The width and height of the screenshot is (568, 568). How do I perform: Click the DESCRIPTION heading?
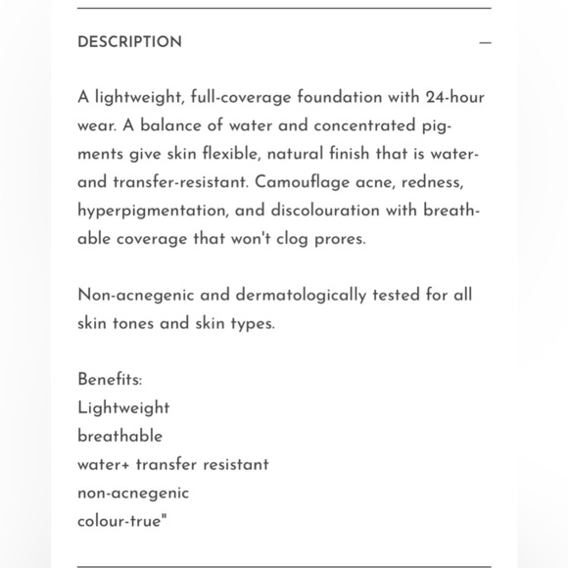[x=129, y=42]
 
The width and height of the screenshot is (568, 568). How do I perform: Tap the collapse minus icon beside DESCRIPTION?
[x=485, y=43]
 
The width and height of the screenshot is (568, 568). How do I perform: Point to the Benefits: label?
[x=110, y=379]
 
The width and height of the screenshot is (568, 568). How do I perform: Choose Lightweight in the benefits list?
[x=123, y=407]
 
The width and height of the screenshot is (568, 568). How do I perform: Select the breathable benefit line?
[x=119, y=436]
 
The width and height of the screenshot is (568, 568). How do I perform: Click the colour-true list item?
[x=122, y=521]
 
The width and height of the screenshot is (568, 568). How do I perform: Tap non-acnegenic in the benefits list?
[x=133, y=493]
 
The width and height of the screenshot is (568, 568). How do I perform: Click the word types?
[x=253, y=323]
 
